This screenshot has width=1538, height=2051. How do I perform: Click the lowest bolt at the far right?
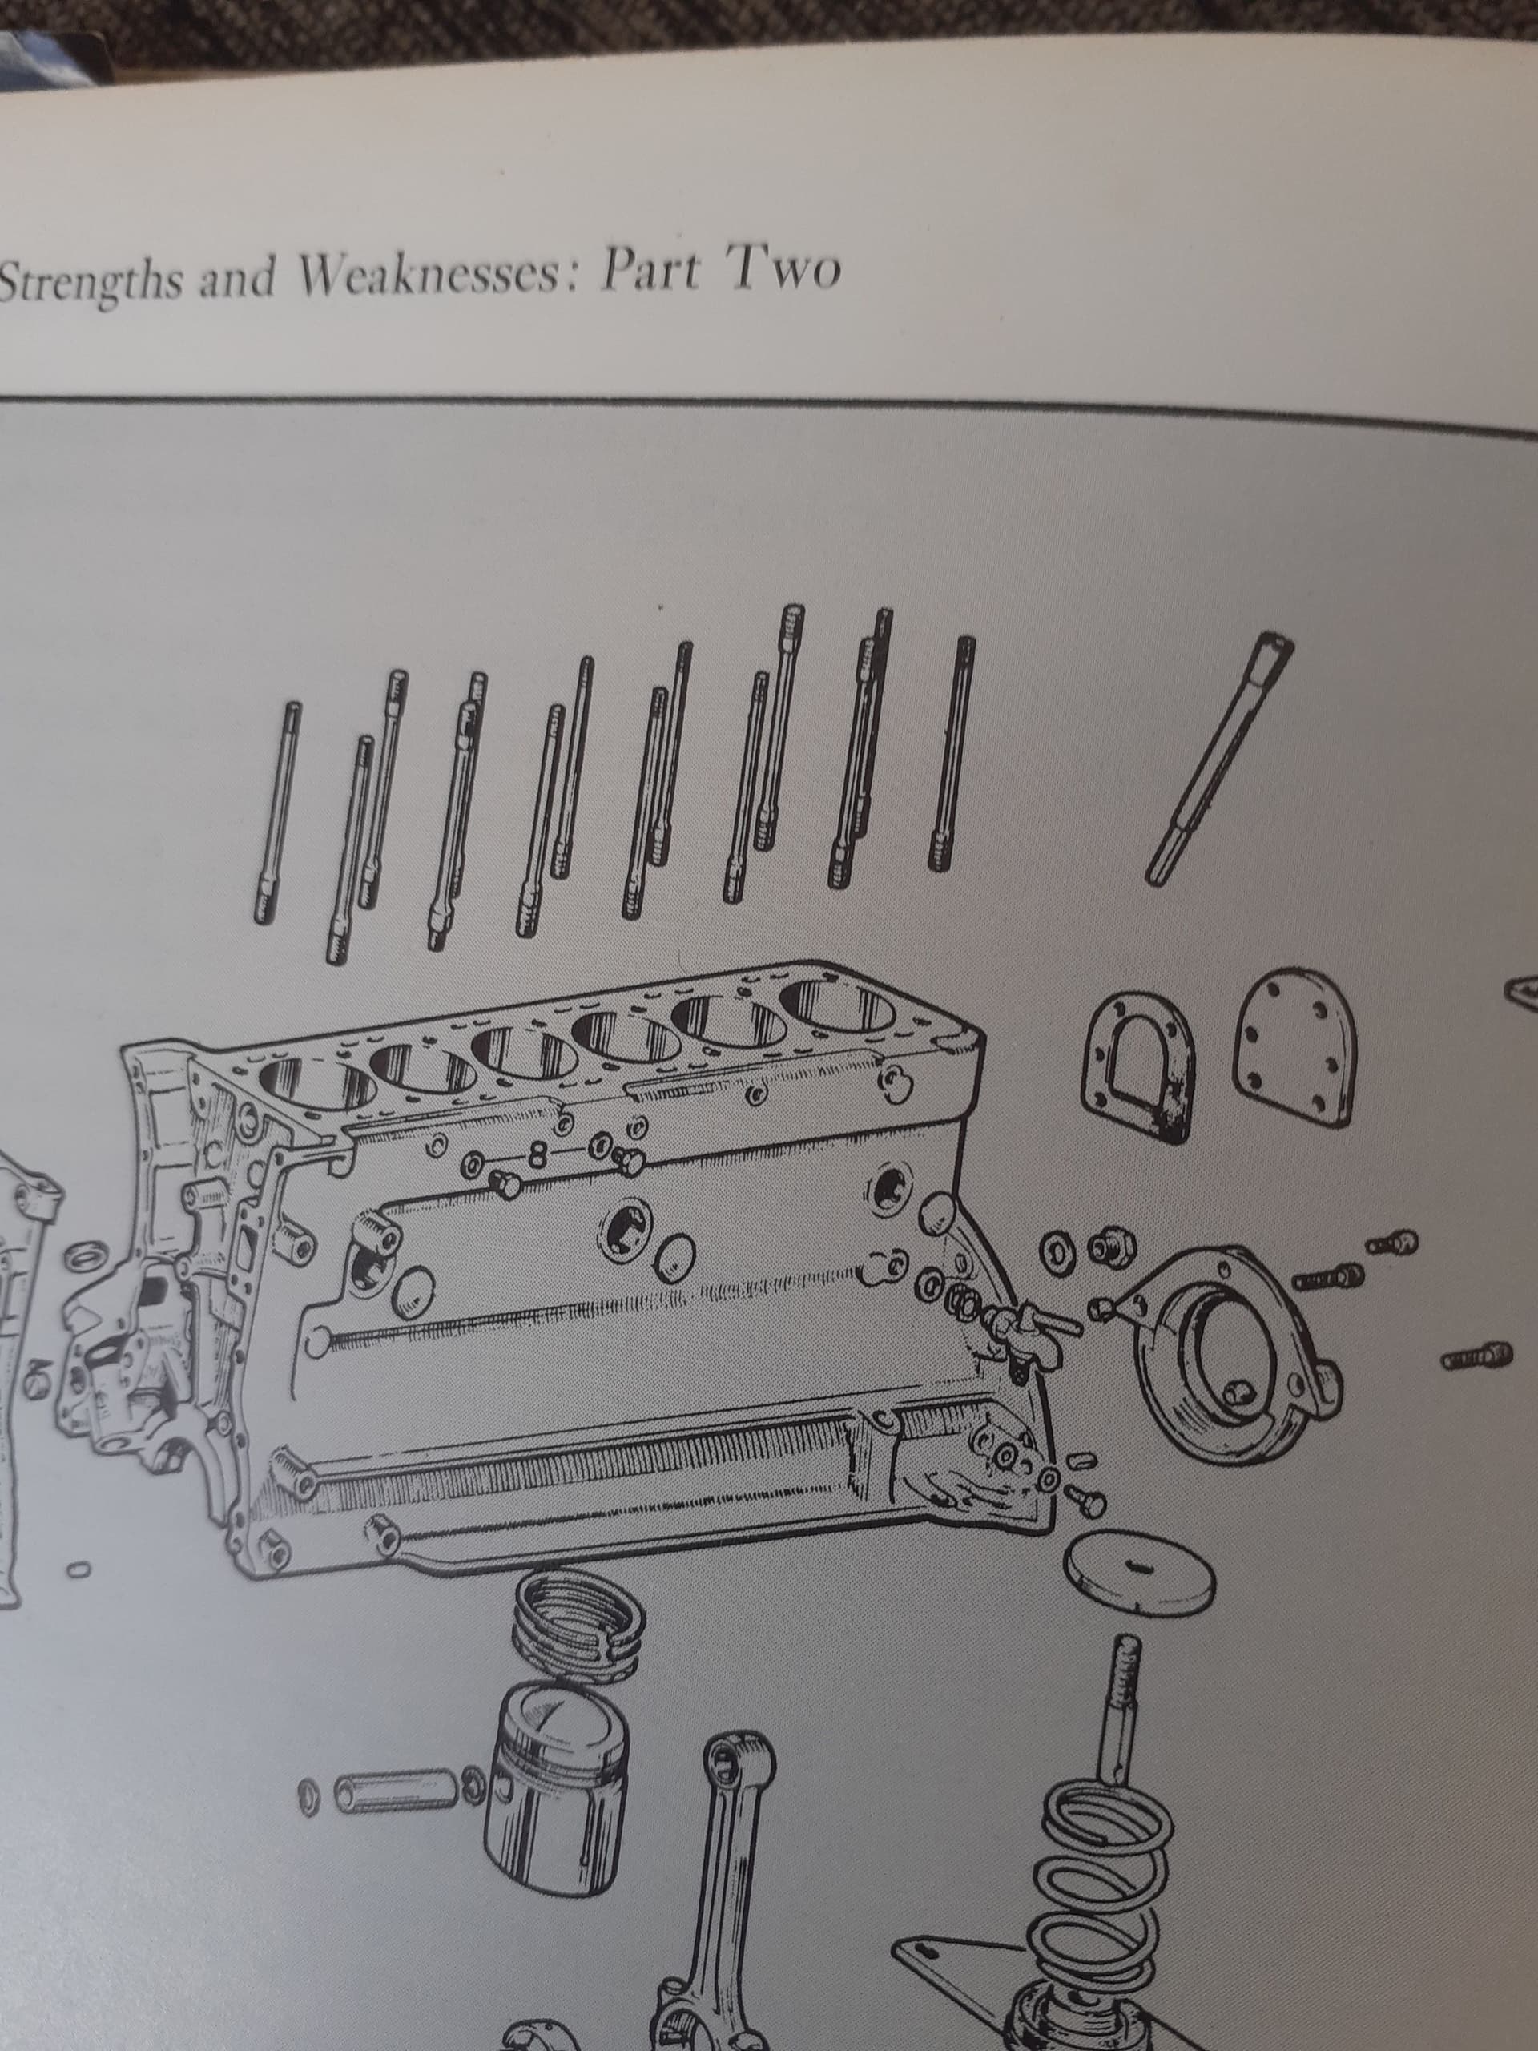point(1475,1357)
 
